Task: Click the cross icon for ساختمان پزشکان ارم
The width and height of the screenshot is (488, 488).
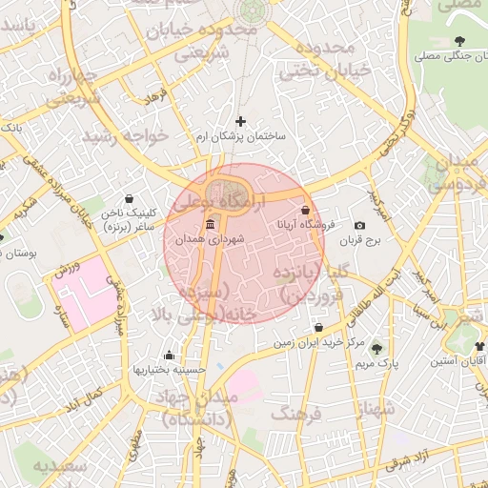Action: click(x=240, y=121)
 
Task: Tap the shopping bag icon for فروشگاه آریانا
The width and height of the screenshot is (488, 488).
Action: click(x=305, y=210)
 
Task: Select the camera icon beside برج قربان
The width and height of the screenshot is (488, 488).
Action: click(x=359, y=226)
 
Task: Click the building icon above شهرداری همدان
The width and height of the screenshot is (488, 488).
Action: click(x=210, y=225)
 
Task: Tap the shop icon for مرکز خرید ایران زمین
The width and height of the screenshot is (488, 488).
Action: click(x=317, y=327)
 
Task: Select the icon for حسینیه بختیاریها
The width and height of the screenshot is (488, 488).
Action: click(x=170, y=355)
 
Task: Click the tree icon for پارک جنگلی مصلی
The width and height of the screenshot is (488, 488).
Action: click(x=460, y=40)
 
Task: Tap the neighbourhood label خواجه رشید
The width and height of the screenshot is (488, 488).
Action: click(x=125, y=136)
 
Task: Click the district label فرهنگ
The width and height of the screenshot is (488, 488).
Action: click(x=297, y=414)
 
